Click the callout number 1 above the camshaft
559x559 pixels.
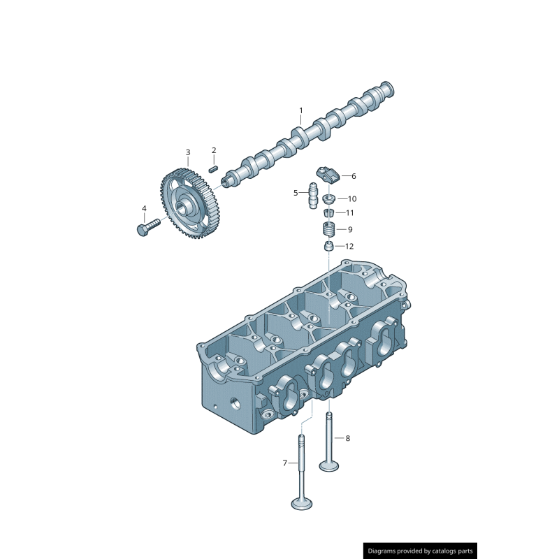[x=301, y=110]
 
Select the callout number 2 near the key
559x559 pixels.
[x=214, y=150]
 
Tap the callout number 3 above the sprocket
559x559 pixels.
[x=187, y=152]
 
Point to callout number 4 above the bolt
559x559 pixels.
[x=144, y=209]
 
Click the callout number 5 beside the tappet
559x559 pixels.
[x=296, y=193]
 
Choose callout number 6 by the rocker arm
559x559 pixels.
[x=354, y=176]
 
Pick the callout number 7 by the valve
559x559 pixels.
[x=284, y=463]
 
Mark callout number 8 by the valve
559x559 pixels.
[x=347, y=438]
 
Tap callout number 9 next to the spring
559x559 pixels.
[x=349, y=229]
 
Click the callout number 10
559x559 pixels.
[x=351, y=199]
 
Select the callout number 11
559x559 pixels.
[x=349, y=213]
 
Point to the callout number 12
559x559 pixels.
[x=349, y=247]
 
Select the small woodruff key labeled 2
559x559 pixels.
[x=215, y=167]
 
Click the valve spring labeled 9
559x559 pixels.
[x=327, y=229]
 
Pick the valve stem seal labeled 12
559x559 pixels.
[x=327, y=247]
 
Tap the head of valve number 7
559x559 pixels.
[x=302, y=502]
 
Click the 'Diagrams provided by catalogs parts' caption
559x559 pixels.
[x=420, y=551]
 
